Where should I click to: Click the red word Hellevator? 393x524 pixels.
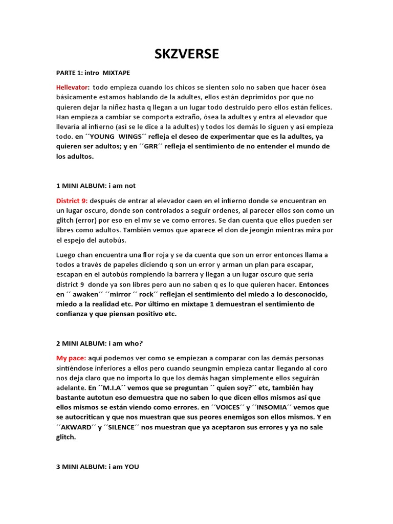click(72, 88)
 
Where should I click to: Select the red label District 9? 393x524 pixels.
click(72, 201)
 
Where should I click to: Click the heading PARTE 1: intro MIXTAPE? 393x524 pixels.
click(97, 73)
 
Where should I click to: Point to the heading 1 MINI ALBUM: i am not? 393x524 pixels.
click(96, 186)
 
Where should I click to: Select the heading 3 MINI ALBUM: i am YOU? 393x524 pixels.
click(98, 467)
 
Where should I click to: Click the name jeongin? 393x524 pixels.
click(264, 230)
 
